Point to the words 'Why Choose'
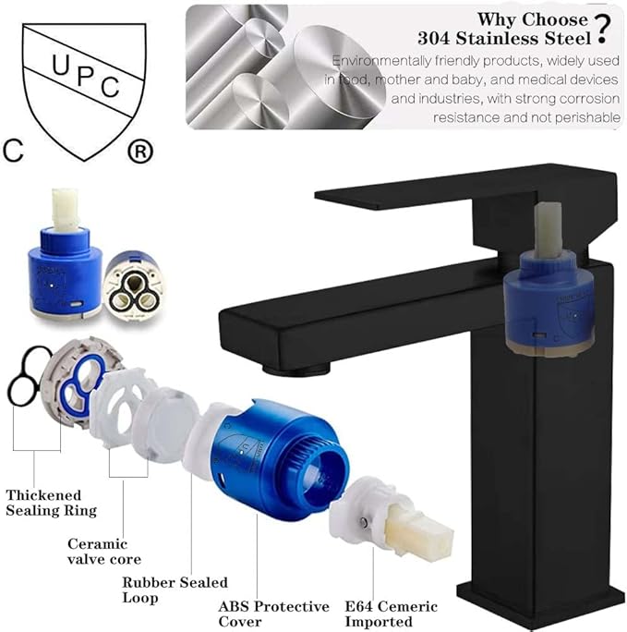point(518,18)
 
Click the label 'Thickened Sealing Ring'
point(51,503)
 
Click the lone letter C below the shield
point(13,151)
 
